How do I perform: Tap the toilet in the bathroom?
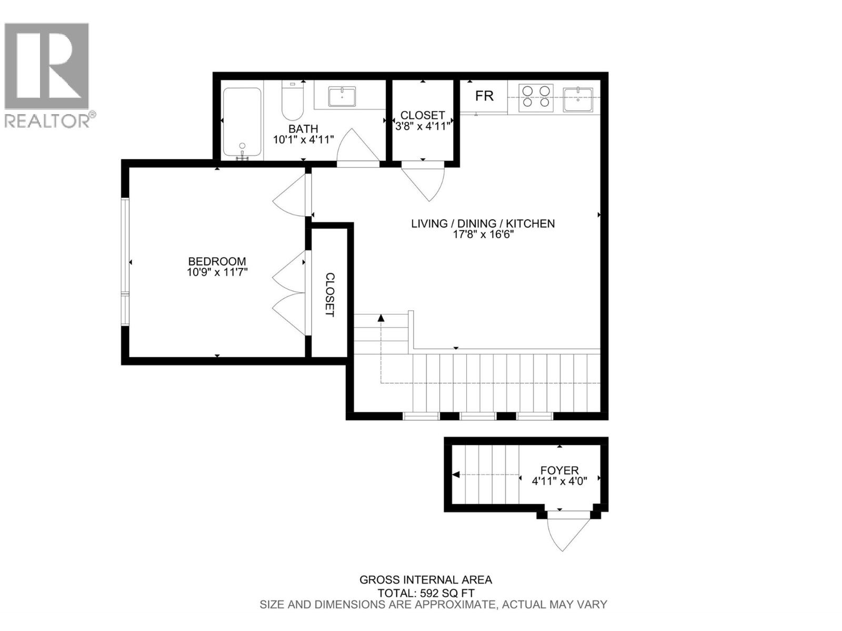coord(293,101)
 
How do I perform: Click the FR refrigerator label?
coord(484,96)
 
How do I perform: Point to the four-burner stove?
coord(536,98)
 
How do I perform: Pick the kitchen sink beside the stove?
coord(578,99)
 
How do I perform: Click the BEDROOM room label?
coord(217,261)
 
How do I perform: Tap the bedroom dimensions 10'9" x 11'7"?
coord(217,272)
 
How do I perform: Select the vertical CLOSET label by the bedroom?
coord(329,294)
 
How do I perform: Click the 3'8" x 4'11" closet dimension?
coord(423,126)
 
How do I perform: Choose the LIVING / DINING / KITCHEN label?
coord(483,223)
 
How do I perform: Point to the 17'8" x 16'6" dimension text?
coord(483,235)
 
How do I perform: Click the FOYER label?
coord(559,471)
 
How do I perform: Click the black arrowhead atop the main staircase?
coord(381,317)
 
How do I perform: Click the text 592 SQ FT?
coord(445,593)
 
